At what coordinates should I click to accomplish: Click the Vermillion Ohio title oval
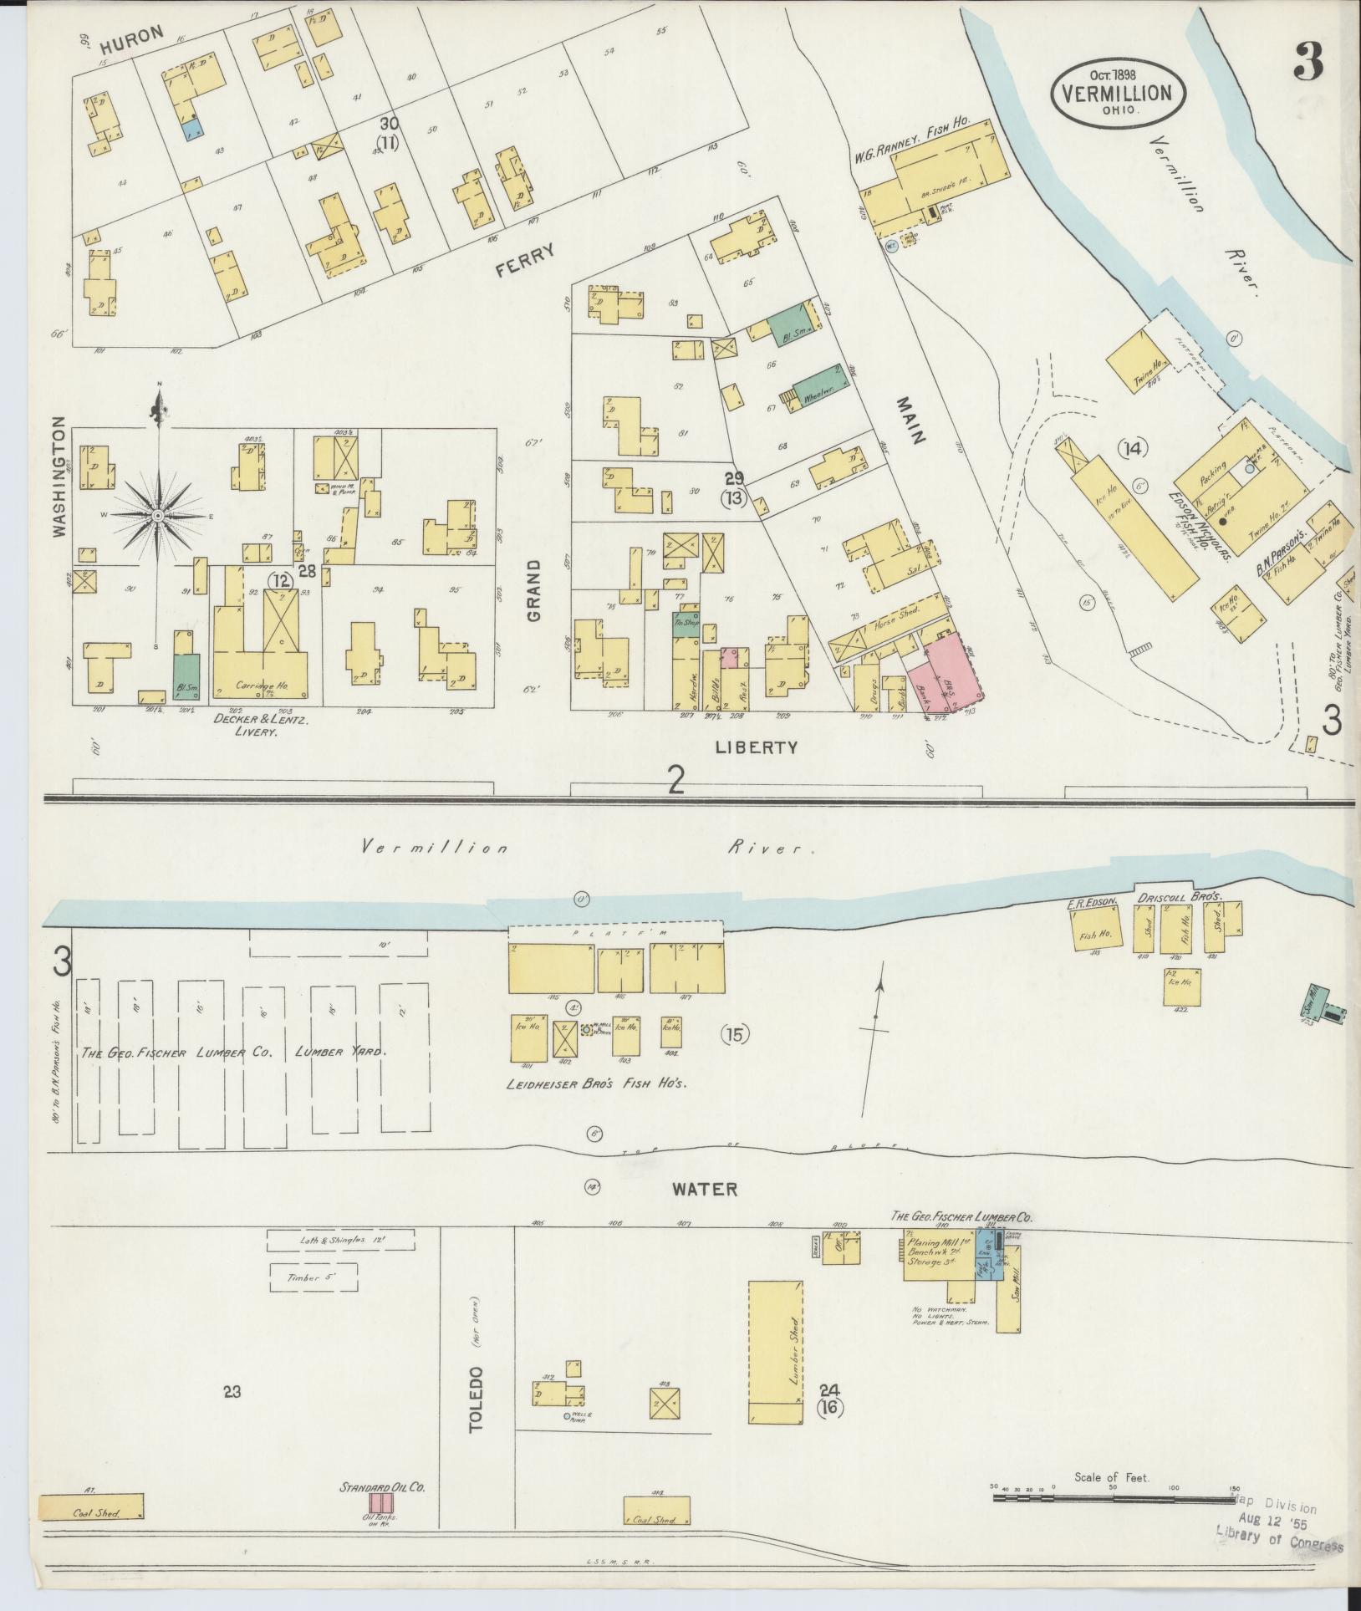(1116, 93)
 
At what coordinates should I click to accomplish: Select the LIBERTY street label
(757, 747)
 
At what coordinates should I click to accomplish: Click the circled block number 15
(735, 1034)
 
